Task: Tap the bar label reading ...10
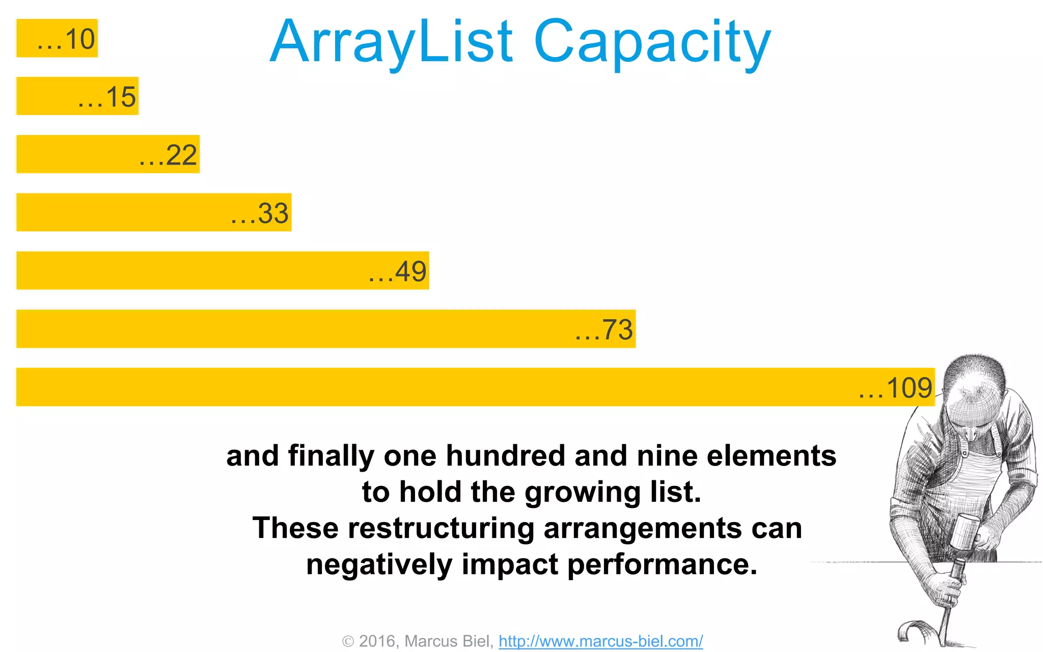tap(66, 39)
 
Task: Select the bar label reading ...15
tap(107, 97)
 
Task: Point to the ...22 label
tap(168, 155)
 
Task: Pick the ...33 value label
tap(260, 213)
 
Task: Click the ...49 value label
tap(398, 271)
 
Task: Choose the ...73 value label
tap(604, 330)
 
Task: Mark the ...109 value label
tap(895, 388)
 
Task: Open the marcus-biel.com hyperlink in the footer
tap(600, 641)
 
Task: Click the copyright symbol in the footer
tap(348, 641)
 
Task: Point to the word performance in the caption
tap(662, 564)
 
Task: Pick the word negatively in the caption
tap(379, 564)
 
